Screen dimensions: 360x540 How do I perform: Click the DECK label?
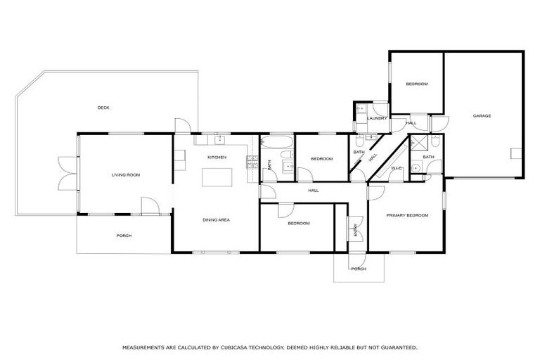(x=103, y=108)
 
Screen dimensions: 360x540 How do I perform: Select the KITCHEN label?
(x=217, y=157)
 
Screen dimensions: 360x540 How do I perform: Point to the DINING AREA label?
(x=217, y=220)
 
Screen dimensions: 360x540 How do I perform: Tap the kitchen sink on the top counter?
(x=218, y=139)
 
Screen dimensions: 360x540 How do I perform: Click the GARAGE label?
(x=482, y=116)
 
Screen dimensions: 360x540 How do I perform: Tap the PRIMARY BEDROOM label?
(x=407, y=215)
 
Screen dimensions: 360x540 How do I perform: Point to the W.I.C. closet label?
(x=395, y=169)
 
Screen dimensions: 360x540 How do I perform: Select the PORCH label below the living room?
(x=124, y=236)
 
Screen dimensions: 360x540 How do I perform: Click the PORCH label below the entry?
(x=358, y=269)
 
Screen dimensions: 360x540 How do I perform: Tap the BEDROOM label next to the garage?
(x=416, y=84)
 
